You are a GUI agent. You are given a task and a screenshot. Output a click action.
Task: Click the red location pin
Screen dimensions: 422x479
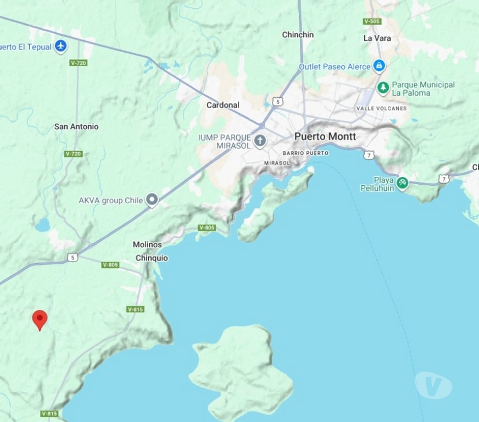tap(40, 319)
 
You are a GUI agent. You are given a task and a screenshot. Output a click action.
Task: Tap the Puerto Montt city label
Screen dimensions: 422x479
tap(325, 136)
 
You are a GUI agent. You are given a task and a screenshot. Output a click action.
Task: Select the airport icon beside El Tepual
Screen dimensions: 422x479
tap(61, 46)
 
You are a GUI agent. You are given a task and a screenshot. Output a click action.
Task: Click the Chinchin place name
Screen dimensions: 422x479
tap(298, 35)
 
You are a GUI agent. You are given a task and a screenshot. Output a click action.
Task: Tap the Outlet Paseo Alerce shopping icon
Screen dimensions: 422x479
tap(378, 66)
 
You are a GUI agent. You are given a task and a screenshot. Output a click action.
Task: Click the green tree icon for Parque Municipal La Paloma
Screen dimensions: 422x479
tap(383, 87)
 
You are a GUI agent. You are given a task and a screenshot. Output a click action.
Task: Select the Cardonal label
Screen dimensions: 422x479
tap(223, 105)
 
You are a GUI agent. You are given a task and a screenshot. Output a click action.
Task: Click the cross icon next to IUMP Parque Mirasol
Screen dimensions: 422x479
tap(260, 141)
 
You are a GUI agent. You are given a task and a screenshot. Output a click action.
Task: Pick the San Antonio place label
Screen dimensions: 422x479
tap(76, 126)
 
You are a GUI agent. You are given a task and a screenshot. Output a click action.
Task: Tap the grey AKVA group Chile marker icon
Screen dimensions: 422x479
tap(152, 201)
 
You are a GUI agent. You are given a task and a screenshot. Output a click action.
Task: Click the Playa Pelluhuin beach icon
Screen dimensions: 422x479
tap(402, 182)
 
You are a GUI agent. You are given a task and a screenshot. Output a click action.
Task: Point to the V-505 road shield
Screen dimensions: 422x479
tap(372, 21)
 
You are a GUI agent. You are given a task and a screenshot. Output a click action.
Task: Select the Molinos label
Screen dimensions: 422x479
tap(147, 245)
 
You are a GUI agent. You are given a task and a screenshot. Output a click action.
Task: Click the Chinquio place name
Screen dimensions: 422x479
tap(152, 258)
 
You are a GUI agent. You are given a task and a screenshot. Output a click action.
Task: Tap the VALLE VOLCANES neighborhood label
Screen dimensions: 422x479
tap(381, 108)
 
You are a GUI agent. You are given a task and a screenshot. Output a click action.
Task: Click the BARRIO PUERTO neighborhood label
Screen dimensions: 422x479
tap(305, 153)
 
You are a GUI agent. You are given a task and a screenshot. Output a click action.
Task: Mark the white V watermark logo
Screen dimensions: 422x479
tap(433, 385)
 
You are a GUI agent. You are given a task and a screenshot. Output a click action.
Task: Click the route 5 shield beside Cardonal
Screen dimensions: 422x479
tap(279, 102)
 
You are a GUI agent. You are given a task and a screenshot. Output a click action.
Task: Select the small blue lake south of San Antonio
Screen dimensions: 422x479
tap(42, 225)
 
